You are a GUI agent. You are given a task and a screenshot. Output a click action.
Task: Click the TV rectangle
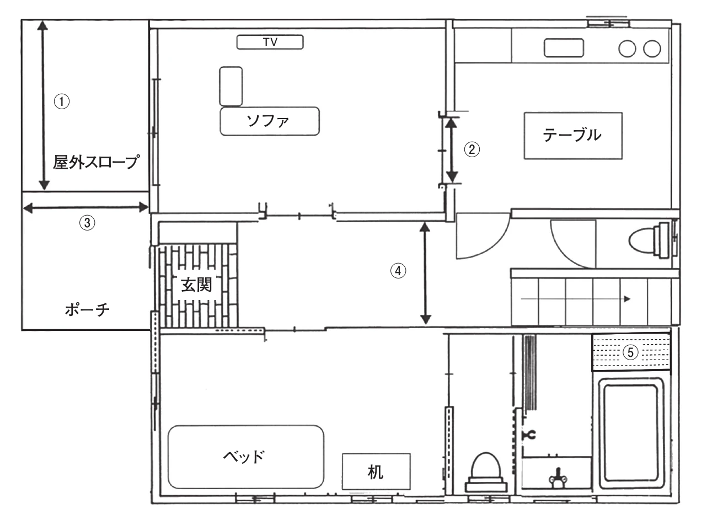click(270, 42)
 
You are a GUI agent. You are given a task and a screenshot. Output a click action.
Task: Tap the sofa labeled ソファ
click(270, 121)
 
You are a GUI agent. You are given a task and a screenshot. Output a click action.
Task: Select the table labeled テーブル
click(573, 136)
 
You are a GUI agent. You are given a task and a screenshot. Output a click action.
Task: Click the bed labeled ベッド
click(246, 457)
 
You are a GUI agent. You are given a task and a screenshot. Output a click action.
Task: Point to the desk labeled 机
click(376, 472)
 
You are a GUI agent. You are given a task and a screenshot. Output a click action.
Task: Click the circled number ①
click(62, 101)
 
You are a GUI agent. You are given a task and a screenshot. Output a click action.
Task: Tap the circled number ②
click(472, 149)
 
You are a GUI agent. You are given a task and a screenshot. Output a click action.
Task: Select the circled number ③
click(87, 222)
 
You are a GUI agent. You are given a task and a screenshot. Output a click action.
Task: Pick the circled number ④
click(398, 271)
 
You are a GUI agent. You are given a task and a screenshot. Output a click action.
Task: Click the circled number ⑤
click(630, 352)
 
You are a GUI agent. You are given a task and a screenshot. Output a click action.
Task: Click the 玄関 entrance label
click(196, 285)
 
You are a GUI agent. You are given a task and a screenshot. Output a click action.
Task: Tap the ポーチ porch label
click(87, 309)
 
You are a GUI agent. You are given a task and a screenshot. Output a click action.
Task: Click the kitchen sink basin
click(564, 48)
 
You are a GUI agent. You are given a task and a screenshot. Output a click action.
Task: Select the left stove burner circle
click(627, 49)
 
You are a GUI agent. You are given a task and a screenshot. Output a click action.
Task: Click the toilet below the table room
click(649, 240)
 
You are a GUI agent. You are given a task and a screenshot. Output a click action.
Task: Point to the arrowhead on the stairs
click(627, 299)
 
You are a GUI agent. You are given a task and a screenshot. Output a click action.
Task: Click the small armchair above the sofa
click(231, 86)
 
